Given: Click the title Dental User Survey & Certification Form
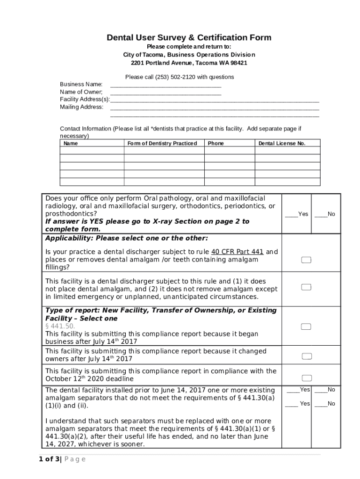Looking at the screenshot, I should click(x=189, y=37).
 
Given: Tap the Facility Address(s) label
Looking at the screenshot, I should click(x=85, y=99).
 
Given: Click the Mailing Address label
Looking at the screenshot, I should click(x=82, y=107).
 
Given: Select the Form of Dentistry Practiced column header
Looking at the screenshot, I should click(x=162, y=143).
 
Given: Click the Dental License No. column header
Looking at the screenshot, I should click(x=282, y=143).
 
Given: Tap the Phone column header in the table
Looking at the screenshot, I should click(x=216, y=143).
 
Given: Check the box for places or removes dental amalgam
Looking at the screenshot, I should click(x=306, y=260).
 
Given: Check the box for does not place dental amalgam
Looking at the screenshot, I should click(x=306, y=287).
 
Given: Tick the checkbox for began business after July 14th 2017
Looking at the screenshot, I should click(x=306, y=327).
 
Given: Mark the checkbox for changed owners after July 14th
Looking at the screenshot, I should click(x=306, y=356).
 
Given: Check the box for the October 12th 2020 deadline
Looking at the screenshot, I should click(x=306, y=377).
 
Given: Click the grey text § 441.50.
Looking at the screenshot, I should click(x=59, y=326).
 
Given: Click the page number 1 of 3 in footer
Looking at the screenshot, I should click(x=50, y=459).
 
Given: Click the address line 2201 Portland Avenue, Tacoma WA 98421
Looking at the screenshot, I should click(x=189, y=63).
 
